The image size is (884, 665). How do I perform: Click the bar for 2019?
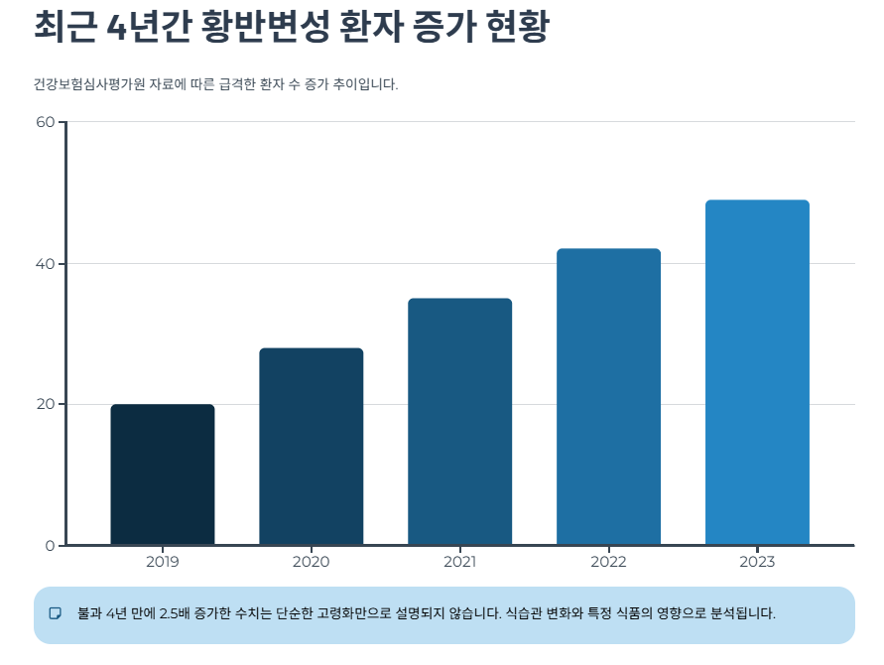click(x=163, y=474)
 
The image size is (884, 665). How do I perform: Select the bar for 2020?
click(x=312, y=447)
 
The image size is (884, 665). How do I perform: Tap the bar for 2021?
click(x=460, y=422)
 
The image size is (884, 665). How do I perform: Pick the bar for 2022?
click(x=608, y=397)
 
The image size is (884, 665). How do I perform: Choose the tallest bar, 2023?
click(x=757, y=372)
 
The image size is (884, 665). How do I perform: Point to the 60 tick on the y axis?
click(x=45, y=122)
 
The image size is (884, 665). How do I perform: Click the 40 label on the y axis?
click(x=45, y=264)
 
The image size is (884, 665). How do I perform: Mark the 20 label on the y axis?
click(x=45, y=405)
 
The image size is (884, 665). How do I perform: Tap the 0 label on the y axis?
click(x=50, y=546)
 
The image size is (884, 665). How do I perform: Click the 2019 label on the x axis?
click(x=163, y=563)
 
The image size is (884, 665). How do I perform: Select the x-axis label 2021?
click(x=460, y=563)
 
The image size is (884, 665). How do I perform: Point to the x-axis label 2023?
click(x=757, y=563)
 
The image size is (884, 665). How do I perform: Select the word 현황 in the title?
click(x=518, y=27)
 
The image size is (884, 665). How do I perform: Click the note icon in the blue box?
click(x=56, y=613)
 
